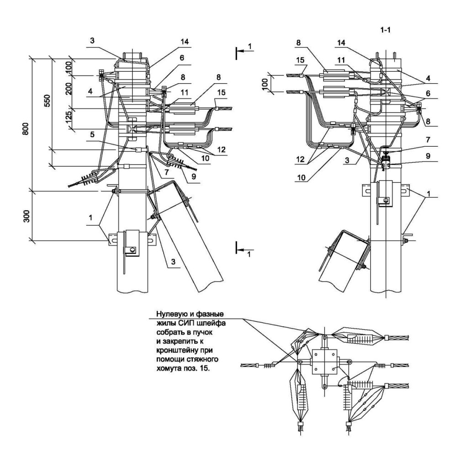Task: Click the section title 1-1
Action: coord(385,30)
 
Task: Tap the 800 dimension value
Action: coord(26,128)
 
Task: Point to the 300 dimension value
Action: coord(26,216)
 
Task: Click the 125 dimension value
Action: coord(69,116)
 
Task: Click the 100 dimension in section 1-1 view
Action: coord(265,84)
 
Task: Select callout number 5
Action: coord(92,135)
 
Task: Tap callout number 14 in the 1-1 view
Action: coord(341,43)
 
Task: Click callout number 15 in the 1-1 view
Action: coord(300,60)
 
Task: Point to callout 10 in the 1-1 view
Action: coord(301,177)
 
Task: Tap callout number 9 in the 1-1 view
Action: coord(428,156)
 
